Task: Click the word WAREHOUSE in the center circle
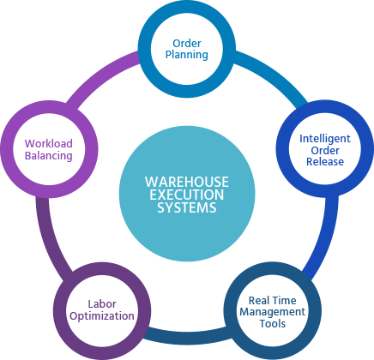[186, 182]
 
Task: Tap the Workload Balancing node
[48, 149]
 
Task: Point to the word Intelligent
[324, 137]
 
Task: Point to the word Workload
[48, 143]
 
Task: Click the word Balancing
[48, 156]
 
